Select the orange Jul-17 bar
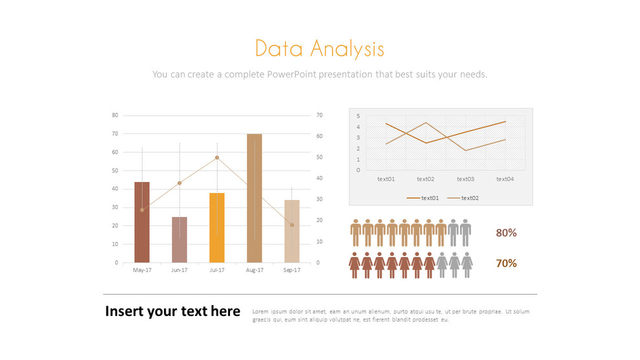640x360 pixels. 217,227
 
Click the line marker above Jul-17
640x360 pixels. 217,157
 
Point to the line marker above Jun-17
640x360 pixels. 179,183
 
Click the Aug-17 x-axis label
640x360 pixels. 255,270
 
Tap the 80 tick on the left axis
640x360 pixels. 115,115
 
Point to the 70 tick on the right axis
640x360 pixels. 319,115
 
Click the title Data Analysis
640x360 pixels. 319,49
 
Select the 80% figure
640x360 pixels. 506,233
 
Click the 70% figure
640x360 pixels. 506,263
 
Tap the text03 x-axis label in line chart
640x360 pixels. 465,179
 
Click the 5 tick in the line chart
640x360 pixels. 358,116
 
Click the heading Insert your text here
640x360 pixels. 172,311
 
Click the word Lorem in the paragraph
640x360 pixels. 260,311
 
